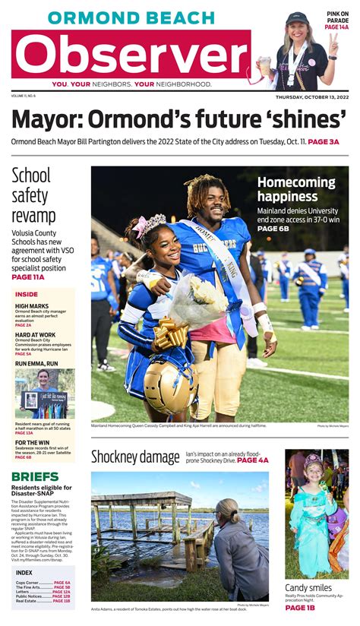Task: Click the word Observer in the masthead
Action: coord(131,54)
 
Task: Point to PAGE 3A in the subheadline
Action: coord(324,142)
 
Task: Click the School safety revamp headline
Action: coord(34,196)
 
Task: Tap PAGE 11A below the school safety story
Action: coord(28,277)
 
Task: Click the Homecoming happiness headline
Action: coord(296,190)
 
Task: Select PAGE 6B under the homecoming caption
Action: coord(273,229)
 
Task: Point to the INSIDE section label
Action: coord(27,295)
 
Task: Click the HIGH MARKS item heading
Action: coord(31,307)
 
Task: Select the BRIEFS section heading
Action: coord(35,476)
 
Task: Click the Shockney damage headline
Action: coord(135,457)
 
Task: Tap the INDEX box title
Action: coord(24,572)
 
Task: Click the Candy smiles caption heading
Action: coord(308,588)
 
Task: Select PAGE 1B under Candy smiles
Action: coord(300,608)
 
